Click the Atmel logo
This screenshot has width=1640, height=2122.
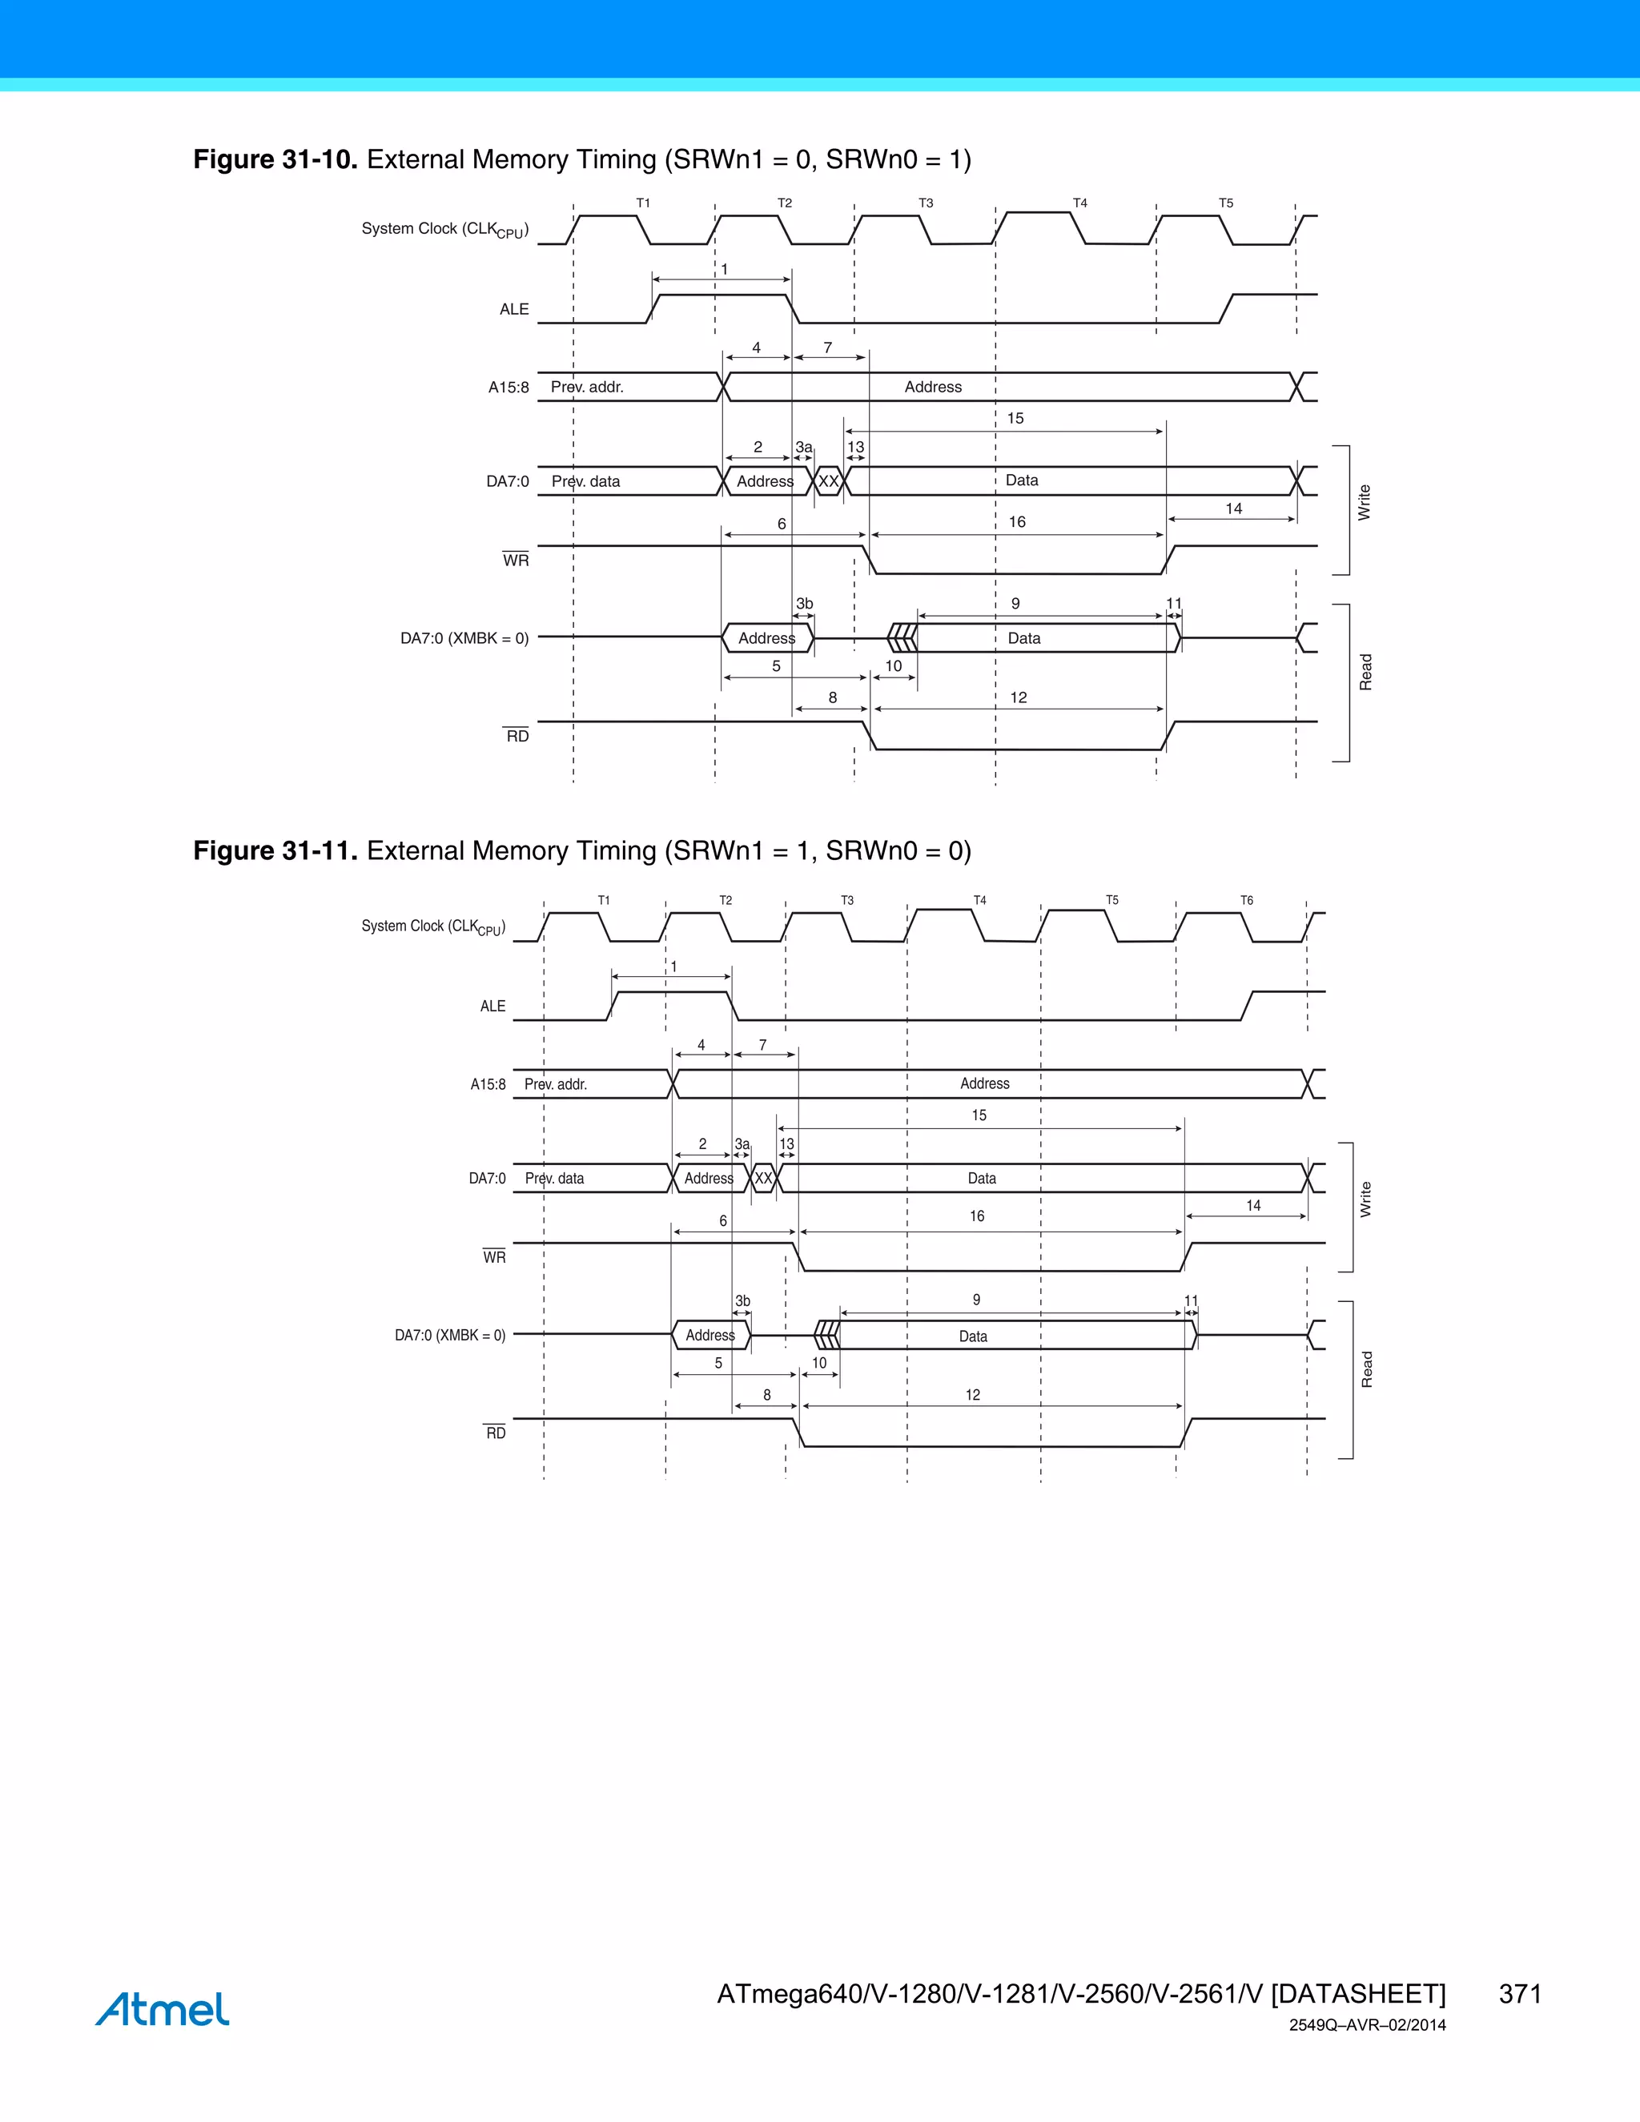click(x=163, y=2008)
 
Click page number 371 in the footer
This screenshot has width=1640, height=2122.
click(x=1520, y=1994)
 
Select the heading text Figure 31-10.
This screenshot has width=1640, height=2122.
click(x=275, y=159)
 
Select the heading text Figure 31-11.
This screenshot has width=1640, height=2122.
click(x=275, y=851)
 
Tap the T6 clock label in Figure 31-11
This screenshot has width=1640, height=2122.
click(x=1247, y=901)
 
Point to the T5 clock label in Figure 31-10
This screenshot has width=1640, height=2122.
click(x=1226, y=203)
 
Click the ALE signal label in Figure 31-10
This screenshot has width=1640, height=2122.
click(x=514, y=309)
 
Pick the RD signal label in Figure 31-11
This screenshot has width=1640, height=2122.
click(x=496, y=1433)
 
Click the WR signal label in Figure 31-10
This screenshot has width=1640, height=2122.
click(x=516, y=561)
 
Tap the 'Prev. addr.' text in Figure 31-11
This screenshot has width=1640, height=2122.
click(x=556, y=1084)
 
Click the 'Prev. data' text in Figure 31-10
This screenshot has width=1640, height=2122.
click(x=586, y=481)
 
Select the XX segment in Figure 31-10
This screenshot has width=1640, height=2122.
click(x=828, y=481)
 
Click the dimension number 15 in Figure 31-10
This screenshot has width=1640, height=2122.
click(x=1015, y=419)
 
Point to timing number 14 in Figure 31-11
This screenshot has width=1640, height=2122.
click(x=1253, y=1206)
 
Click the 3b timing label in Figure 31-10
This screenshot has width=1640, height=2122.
click(x=805, y=604)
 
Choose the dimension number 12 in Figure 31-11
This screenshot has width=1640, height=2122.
click(x=972, y=1395)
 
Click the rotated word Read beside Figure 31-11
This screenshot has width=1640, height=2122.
click(x=1367, y=1369)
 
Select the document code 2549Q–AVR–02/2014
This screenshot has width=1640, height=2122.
click(x=1367, y=2026)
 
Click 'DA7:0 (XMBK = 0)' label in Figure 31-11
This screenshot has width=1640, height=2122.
click(x=450, y=1335)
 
